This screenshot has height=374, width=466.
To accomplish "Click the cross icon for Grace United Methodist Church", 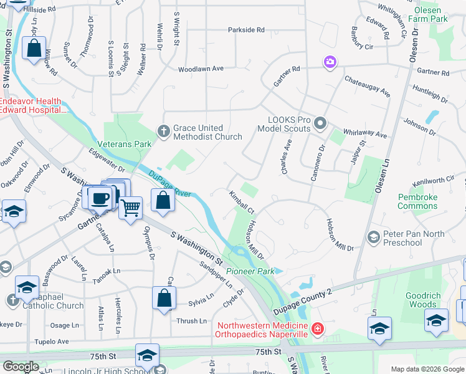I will coord(163,132).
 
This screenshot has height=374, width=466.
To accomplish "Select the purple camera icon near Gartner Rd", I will coord(329,62).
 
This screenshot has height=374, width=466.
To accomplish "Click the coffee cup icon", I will coord(99,198).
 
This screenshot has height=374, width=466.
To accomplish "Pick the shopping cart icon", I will coord(130,207).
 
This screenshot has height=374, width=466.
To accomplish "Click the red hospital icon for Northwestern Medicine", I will coord(318,327).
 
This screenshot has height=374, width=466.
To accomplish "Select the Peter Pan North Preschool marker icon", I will coord(373,237).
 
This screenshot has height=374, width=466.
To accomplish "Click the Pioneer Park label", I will coord(250,271).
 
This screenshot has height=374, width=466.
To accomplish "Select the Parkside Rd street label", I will coord(246,29).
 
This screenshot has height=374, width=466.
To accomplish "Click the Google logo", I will coord(21,367).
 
